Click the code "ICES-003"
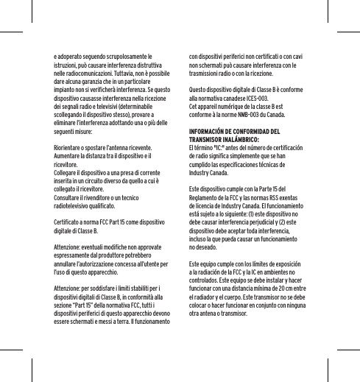[x=255, y=97]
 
